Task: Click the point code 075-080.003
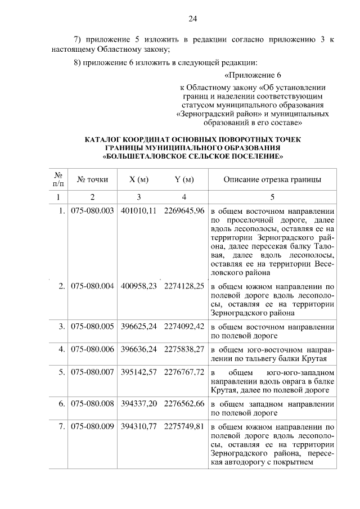click(x=92, y=211)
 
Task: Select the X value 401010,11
click(x=138, y=211)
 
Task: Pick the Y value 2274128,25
click(x=184, y=286)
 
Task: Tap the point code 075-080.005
click(x=92, y=326)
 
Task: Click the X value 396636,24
click(x=138, y=349)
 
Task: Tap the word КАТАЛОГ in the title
click(x=107, y=138)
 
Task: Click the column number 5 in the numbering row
click(x=273, y=197)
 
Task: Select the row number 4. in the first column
click(x=61, y=349)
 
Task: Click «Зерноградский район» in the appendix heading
click(x=213, y=113)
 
